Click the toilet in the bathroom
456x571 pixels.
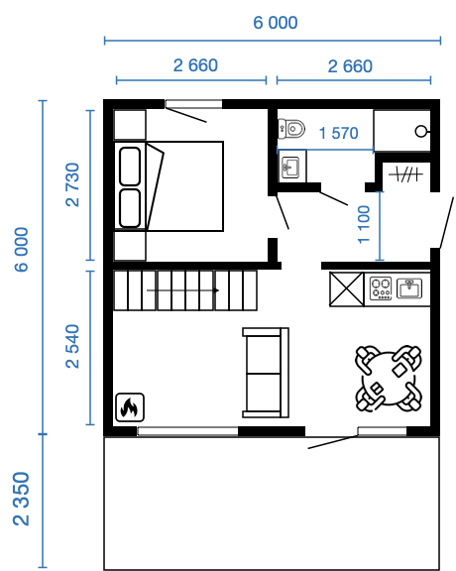click(x=291, y=129)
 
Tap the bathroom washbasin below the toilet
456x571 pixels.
click(x=291, y=168)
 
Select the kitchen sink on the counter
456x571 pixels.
click(x=409, y=288)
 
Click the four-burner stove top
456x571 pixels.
click(x=381, y=288)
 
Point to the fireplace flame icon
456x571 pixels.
click(x=130, y=407)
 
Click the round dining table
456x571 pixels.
click(x=389, y=378)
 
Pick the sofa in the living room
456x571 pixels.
click(x=266, y=373)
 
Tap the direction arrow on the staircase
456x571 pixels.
click(x=182, y=290)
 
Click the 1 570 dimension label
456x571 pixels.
click(x=339, y=133)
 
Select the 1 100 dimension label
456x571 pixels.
click(x=364, y=224)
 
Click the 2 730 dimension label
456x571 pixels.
click(x=72, y=185)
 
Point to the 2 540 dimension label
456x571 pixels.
click(x=72, y=346)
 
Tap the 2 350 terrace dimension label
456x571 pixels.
click(x=21, y=499)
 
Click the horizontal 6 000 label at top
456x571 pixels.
click(x=276, y=23)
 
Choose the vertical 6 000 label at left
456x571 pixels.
click(x=21, y=250)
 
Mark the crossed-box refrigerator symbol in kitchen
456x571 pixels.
click(x=347, y=289)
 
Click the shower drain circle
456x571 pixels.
click(x=420, y=131)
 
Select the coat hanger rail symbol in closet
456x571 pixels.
click(x=405, y=174)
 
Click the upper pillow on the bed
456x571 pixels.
click(x=130, y=167)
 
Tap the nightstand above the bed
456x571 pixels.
click(x=130, y=125)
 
